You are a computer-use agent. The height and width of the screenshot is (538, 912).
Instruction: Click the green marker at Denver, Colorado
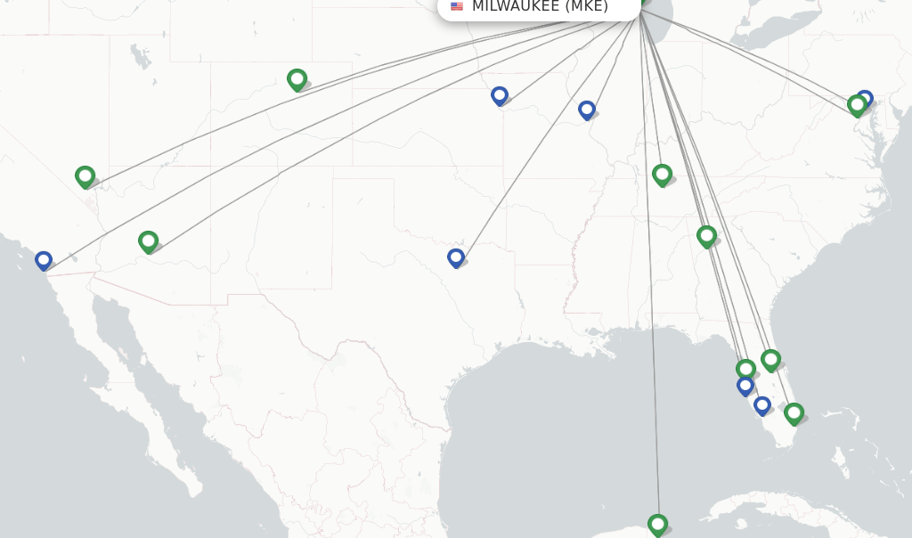coord(297,79)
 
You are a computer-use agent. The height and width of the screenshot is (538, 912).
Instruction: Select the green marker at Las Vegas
coord(85,176)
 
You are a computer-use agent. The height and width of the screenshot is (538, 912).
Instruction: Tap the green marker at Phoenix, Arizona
coord(148,241)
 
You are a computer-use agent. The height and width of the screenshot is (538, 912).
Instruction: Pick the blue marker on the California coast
coord(43,260)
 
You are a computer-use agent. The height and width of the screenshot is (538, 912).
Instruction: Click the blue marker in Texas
coord(455,257)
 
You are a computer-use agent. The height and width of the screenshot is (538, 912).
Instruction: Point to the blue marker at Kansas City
coord(500,95)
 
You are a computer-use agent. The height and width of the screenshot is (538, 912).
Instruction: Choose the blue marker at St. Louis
coord(586,110)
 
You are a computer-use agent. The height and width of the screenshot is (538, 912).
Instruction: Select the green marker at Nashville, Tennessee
coord(661,175)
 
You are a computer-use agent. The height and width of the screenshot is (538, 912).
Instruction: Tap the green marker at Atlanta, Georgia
coord(706,236)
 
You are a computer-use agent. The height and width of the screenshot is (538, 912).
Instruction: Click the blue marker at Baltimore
coord(865,98)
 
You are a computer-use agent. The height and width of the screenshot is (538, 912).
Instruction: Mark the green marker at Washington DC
coord(857,105)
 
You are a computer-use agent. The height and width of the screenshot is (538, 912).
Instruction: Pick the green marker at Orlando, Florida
coord(770,360)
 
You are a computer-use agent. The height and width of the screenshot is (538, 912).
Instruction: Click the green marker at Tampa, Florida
coord(745,368)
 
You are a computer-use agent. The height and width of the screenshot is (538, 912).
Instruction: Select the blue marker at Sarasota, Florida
coord(745,385)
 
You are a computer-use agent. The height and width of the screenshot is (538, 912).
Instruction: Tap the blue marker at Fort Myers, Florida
coord(761,405)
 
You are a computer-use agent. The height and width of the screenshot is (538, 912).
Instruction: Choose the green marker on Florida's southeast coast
coord(794,413)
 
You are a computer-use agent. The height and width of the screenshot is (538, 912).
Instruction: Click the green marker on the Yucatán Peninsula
coord(657,524)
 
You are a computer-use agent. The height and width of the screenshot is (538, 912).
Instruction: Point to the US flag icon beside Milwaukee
coord(457,6)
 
